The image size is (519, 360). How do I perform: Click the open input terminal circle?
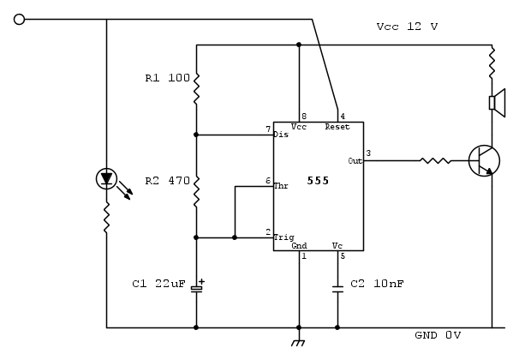tap(20, 19)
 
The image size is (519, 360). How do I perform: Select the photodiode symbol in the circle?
tap(106, 179)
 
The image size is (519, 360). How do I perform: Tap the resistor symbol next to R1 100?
tap(196, 86)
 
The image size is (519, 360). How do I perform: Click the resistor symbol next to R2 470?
tap(196, 190)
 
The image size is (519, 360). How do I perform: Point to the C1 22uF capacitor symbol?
tap(196, 287)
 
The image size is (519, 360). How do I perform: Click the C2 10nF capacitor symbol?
tap(337, 289)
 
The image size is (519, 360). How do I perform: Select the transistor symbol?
tap(483, 160)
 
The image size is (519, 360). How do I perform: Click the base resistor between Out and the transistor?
tap(435, 159)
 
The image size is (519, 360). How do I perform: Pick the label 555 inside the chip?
tap(318, 181)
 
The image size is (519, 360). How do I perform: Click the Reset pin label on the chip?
tap(337, 127)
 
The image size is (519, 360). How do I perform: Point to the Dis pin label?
tap(281, 135)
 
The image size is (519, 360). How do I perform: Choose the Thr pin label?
tap(281, 185)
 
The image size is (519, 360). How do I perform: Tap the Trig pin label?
tap(283, 237)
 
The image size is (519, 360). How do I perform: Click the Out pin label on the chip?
tap(355, 160)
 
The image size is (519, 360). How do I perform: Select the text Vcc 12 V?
tap(407, 27)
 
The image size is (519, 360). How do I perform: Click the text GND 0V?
tap(438, 334)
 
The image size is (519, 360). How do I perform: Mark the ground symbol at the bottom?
tap(299, 343)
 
